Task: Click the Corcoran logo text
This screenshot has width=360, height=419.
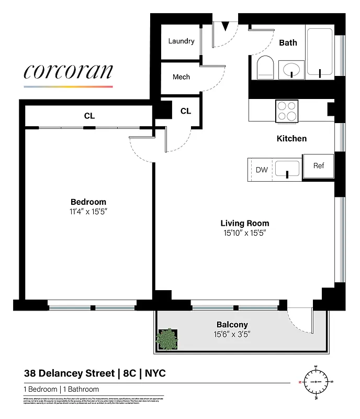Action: coord(68,72)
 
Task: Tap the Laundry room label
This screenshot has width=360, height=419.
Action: coord(181,41)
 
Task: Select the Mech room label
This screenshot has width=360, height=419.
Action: coord(181,77)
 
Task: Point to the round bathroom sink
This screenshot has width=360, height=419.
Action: coord(291,69)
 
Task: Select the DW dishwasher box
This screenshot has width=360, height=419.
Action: coord(262,170)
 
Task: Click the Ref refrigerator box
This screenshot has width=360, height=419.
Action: coord(319,166)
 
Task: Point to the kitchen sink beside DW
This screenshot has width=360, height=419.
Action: coord(287,169)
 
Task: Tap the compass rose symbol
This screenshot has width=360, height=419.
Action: coord(316,382)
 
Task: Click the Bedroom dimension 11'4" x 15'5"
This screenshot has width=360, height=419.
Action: coord(88,212)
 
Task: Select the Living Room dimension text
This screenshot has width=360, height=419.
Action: coord(244,233)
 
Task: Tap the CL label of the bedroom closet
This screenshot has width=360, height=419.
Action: coord(89,116)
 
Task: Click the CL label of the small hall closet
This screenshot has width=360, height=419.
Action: coord(185,111)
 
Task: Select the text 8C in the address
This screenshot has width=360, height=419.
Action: coord(128,373)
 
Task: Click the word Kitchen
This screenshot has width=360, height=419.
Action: coord(291,139)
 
